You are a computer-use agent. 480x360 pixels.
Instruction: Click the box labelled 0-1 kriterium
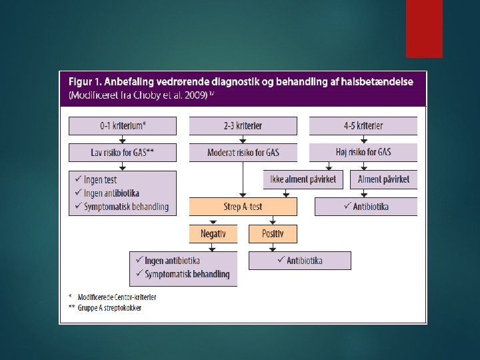(x=123, y=126)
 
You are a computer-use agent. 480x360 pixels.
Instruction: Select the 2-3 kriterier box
(x=243, y=126)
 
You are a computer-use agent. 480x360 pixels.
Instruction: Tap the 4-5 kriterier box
(x=363, y=126)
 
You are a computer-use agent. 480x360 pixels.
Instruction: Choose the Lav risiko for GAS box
(x=123, y=153)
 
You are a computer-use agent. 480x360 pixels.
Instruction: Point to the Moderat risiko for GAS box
(x=243, y=153)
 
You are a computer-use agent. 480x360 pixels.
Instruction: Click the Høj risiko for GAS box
(x=363, y=153)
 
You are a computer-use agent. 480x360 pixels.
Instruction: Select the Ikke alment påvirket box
(x=303, y=179)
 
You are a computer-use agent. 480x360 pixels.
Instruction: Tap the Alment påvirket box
(x=383, y=179)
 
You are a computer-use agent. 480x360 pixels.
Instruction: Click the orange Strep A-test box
(x=243, y=207)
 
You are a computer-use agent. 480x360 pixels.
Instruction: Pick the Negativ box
(x=213, y=234)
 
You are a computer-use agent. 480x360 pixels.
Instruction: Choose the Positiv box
(x=273, y=234)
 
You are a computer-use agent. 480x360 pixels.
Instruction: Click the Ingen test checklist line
(x=100, y=180)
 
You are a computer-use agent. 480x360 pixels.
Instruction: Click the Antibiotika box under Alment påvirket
(x=366, y=207)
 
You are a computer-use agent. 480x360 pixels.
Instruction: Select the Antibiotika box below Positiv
(x=299, y=261)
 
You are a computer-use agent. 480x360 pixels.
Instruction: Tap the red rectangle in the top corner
(x=424, y=28)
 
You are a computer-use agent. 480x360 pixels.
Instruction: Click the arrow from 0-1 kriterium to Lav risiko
(x=123, y=139)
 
